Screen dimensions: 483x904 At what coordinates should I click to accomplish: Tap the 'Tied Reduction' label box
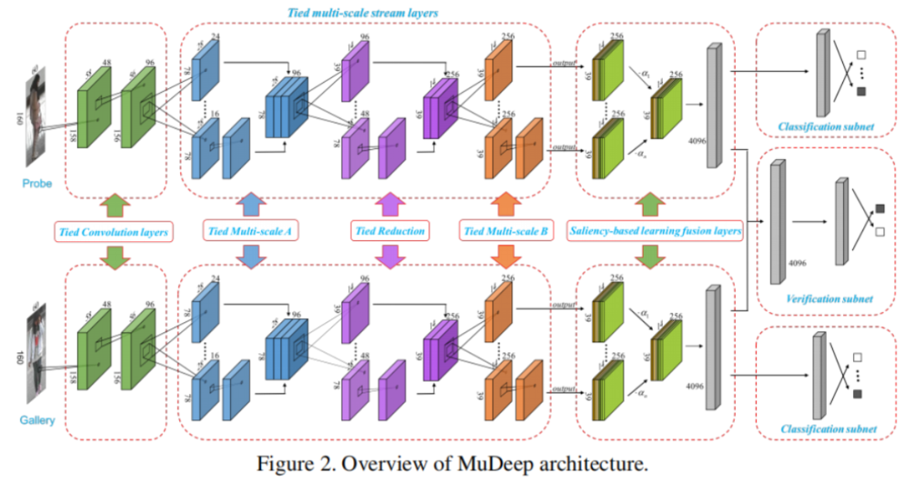[388, 230]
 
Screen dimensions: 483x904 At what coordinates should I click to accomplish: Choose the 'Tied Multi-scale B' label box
[504, 230]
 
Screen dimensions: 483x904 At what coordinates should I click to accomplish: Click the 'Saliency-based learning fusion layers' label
[655, 230]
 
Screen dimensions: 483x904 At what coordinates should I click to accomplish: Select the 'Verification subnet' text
[830, 299]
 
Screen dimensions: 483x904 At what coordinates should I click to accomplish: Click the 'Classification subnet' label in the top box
[826, 127]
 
